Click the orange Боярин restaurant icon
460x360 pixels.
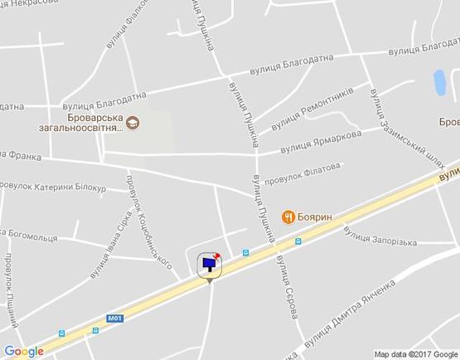coord(288,216)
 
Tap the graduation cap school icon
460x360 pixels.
coord(133,124)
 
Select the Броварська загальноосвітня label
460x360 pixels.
coord(81,123)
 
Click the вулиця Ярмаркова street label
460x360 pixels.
coord(320,141)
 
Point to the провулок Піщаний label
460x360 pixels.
coord(12,287)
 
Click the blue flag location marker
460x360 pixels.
coord(210,265)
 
